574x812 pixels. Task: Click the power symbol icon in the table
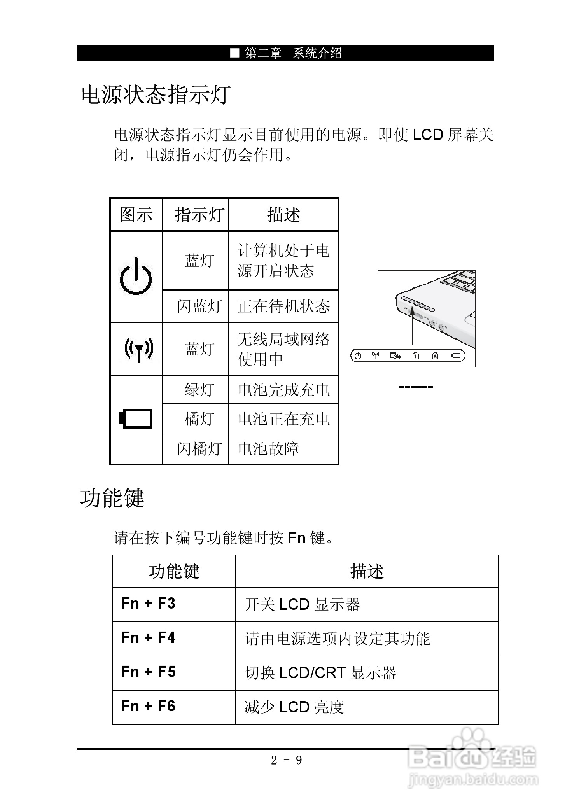coord(135,276)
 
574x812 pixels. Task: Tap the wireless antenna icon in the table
coord(139,349)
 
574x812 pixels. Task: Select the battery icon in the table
coord(136,419)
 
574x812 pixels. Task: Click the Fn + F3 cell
coord(149,604)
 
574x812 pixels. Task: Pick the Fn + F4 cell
coord(149,638)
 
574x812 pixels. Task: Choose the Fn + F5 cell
coord(149,672)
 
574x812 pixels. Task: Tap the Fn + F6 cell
coord(149,706)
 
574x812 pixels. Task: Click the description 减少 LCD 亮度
coord(294,707)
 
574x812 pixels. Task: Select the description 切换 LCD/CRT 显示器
coord(320,673)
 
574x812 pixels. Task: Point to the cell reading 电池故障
coord(268,449)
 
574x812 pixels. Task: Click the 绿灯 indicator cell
coord(199,389)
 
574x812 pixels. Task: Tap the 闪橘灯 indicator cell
coord(199,449)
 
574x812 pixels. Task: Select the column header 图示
coord(136,215)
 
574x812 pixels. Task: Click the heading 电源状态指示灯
coord(156,94)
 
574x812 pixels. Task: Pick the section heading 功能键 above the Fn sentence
coord(112,498)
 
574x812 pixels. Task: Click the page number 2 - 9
coord(286,761)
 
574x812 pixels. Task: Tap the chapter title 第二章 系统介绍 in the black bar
coord(293,53)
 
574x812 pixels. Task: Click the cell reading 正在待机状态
coord(283,306)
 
